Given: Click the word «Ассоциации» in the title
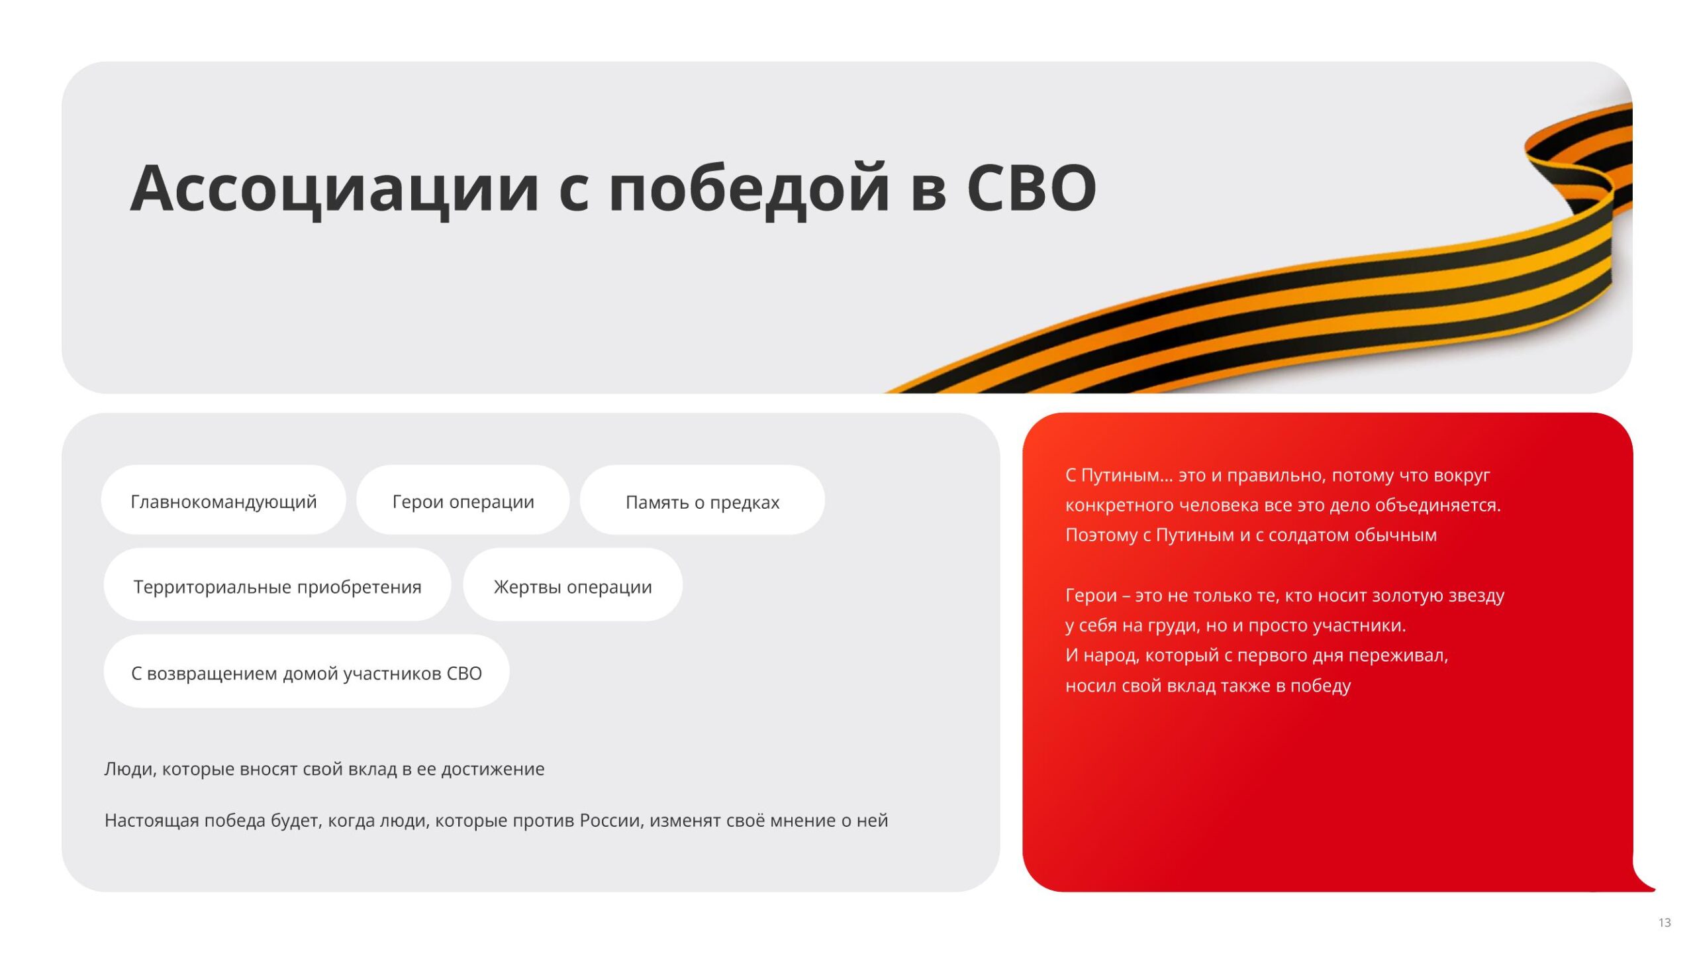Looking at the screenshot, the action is (334, 190).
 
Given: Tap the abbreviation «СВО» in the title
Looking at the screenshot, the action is (1032, 189).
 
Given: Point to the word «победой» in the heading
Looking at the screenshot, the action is (748, 190).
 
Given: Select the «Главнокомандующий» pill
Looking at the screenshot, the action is (223, 500).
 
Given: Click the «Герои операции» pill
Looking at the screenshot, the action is (463, 500).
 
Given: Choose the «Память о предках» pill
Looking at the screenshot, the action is (702, 500).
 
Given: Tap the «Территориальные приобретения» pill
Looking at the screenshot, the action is (277, 585).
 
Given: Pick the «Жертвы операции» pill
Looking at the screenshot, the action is (573, 585).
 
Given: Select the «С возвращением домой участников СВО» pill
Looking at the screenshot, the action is (307, 672).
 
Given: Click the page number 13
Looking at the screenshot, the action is (1665, 923).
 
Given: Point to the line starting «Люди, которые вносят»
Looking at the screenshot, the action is (324, 769).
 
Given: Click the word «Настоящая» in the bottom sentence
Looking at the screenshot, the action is (152, 821).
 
